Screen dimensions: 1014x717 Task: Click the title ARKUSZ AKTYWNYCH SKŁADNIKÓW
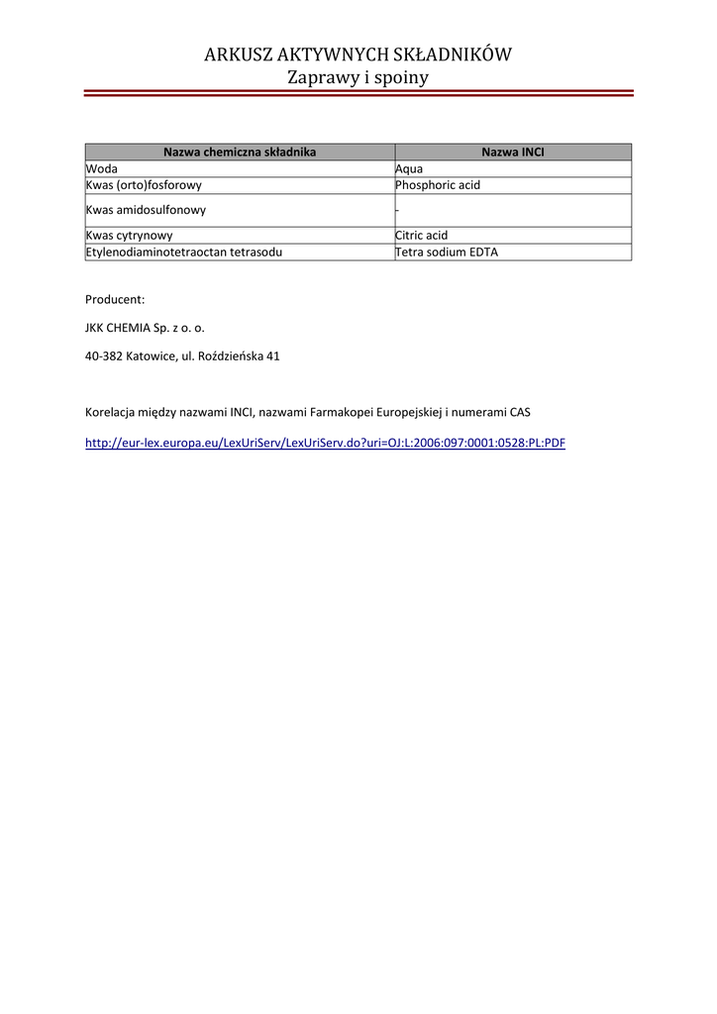pos(358,54)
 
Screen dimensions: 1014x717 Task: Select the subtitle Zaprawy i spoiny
pos(358,77)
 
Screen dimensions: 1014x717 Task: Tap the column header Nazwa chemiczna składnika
pos(240,152)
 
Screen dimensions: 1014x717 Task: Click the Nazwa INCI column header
pos(512,152)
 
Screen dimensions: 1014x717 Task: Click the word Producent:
pos(115,299)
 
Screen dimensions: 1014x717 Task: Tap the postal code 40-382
pos(104,355)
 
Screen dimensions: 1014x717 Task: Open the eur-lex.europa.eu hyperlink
pos(325,444)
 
